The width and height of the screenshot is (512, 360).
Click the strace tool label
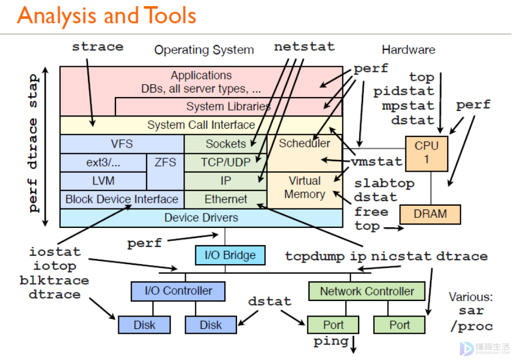tap(98, 47)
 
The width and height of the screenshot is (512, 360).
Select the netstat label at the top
tap(304, 47)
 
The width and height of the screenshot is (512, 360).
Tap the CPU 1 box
tap(427, 153)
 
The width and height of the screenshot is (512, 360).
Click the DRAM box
tap(431, 214)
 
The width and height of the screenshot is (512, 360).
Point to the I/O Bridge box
tap(230, 255)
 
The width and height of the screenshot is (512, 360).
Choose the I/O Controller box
tap(178, 291)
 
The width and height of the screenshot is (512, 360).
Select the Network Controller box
tap(367, 291)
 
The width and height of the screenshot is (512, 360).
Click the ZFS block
tap(165, 162)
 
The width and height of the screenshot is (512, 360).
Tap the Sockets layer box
tap(225, 144)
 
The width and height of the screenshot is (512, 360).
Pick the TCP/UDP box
tap(225, 162)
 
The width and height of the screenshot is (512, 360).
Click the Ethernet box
tap(225, 199)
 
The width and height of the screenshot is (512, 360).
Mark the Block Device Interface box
tap(122, 199)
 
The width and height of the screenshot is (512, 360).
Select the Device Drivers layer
tap(201, 218)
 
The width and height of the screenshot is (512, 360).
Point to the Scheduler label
tap(305, 143)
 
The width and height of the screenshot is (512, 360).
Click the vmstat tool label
tap(376, 162)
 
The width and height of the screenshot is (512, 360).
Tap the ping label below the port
tap(331, 341)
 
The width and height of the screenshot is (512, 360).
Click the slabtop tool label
tap(384, 183)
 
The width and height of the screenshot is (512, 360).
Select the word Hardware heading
tap(408, 50)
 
